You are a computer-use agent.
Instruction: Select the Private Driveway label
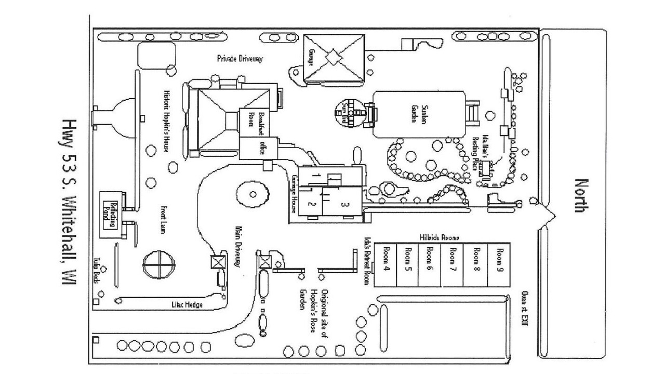[240, 59]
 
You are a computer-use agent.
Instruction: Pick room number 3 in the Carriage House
[343, 204]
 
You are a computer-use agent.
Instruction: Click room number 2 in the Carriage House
[312, 204]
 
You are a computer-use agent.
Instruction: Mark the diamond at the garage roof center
[332, 57]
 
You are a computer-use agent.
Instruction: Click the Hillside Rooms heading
[439, 237]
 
